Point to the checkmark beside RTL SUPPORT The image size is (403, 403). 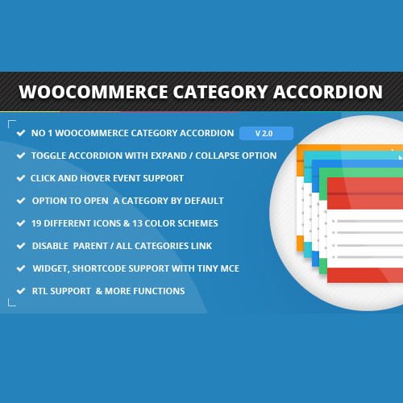pyautogui.click(x=19, y=290)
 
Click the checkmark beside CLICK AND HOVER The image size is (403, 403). pyautogui.click(x=19, y=177)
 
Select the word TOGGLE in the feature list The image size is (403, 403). pyautogui.click(x=50, y=156)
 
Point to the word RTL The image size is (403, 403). pyautogui.click(x=40, y=290)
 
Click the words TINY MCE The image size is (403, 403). pyautogui.click(x=215, y=268)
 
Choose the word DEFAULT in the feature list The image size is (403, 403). pyautogui.click(x=201, y=200)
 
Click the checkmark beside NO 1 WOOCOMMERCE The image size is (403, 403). pyautogui.click(x=19, y=133)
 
